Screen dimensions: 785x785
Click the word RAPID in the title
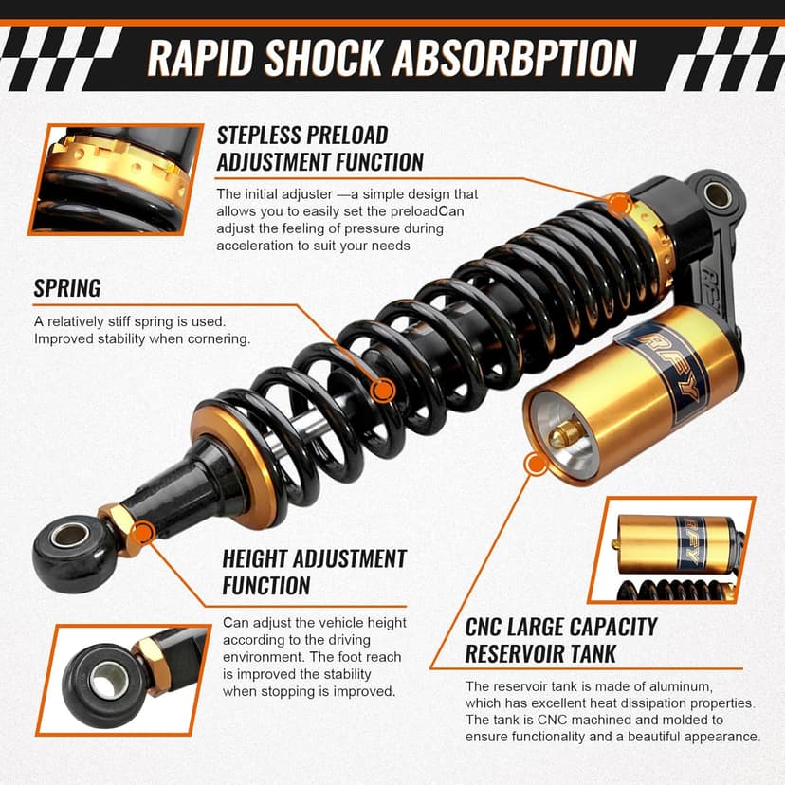(x=198, y=59)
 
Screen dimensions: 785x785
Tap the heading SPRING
(x=67, y=287)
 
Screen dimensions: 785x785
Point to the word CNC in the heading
(x=491, y=627)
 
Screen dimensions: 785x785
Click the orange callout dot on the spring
(x=383, y=390)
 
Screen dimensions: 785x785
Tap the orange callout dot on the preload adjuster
(x=618, y=204)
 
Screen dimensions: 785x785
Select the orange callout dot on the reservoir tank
(x=536, y=465)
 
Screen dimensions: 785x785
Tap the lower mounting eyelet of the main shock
(x=68, y=539)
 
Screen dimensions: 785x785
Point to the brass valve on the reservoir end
(x=566, y=434)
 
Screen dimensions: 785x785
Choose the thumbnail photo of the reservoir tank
(x=672, y=550)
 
